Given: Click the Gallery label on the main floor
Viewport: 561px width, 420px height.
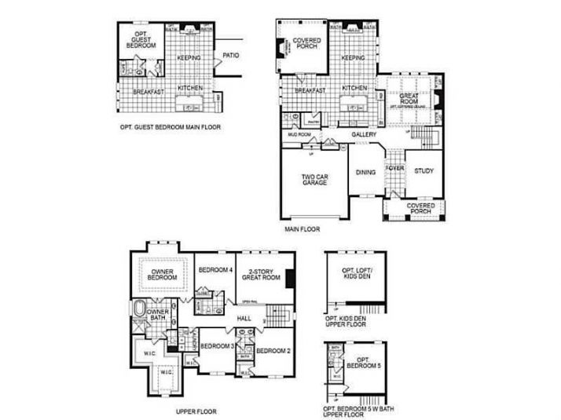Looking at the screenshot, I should tap(363, 135).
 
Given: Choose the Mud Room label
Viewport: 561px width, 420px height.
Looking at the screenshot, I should tap(299, 134).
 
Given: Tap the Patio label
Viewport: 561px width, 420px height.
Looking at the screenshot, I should tap(230, 56).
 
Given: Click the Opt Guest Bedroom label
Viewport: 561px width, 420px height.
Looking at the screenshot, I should tap(141, 40).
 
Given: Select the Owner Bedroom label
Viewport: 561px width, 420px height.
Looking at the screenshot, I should tap(162, 275).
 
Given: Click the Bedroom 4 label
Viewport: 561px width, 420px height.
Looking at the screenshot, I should tap(214, 269).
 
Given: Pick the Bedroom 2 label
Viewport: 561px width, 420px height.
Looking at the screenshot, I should tap(273, 349).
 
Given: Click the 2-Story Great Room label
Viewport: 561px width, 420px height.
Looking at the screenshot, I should tap(260, 272).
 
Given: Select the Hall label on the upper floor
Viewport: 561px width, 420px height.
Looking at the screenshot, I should tap(244, 317).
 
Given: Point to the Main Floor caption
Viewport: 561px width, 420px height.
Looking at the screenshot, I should tap(301, 230).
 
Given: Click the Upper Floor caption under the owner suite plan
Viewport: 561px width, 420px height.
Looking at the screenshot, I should tap(196, 410).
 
